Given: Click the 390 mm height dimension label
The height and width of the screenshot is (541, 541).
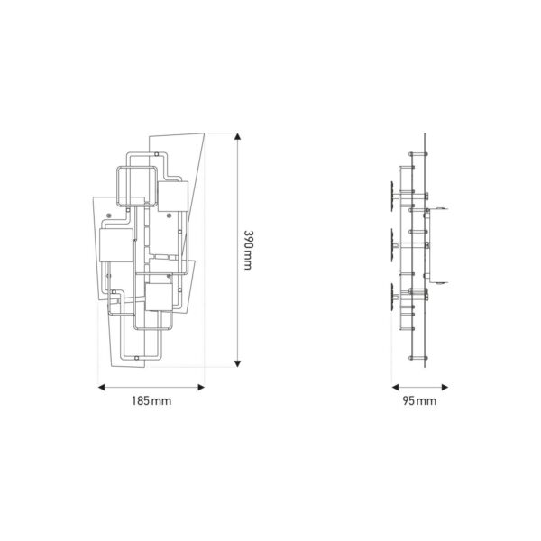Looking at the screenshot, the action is [249, 250].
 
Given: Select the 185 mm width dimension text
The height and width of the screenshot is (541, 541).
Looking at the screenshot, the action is [151, 401].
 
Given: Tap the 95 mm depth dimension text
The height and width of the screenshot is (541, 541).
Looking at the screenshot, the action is [419, 401].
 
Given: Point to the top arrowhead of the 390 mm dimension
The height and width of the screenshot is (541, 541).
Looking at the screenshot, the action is [237, 136].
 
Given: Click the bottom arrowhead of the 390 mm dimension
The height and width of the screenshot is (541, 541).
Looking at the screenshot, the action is [237, 363].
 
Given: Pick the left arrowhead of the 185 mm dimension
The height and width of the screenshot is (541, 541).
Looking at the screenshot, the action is [101, 387].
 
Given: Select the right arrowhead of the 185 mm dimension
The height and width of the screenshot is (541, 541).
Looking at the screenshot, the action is [201, 387].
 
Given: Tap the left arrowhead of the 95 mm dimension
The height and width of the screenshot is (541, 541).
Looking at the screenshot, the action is [396, 387].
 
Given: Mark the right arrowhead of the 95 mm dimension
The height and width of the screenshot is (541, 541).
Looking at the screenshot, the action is [445, 387].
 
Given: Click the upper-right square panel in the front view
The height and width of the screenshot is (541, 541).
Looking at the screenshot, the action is [173, 197].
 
